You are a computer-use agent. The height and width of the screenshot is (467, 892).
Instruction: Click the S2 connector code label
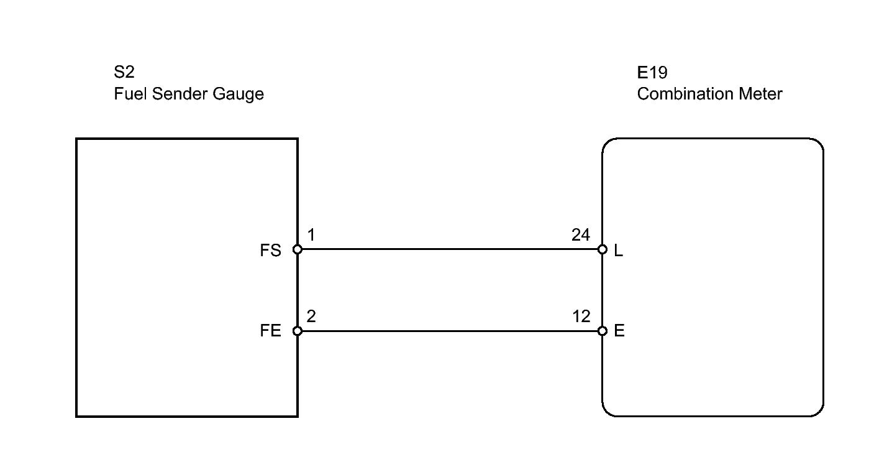(x=124, y=72)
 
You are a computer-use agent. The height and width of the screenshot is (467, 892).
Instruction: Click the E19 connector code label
(x=652, y=73)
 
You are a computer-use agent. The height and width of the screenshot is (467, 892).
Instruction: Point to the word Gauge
(x=238, y=94)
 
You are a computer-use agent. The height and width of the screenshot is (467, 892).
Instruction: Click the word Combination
(x=685, y=94)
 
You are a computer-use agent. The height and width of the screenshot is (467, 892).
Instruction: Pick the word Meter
(x=760, y=94)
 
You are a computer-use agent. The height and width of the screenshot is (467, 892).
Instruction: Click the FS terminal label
(x=270, y=251)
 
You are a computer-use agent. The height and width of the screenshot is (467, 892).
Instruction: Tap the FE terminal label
(x=270, y=331)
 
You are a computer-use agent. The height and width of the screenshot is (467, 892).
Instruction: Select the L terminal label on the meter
(x=619, y=251)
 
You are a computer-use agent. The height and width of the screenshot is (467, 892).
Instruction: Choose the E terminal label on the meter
(x=619, y=331)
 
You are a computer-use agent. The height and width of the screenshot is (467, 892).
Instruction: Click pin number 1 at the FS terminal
(x=311, y=235)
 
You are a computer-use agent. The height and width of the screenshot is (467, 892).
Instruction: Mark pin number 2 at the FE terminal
(x=311, y=317)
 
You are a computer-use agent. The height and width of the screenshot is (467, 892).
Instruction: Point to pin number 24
(x=581, y=235)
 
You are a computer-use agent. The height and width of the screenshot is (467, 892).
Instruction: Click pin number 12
(x=581, y=317)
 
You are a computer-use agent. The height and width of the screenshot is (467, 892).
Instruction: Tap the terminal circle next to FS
(x=298, y=249)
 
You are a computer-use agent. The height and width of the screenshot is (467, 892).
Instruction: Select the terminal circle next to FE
(x=298, y=331)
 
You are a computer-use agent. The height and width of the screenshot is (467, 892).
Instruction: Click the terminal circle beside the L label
(x=603, y=249)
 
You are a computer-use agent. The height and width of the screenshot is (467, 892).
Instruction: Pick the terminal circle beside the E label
(x=603, y=331)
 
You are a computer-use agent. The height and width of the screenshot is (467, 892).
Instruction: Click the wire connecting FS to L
(x=450, y=249)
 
